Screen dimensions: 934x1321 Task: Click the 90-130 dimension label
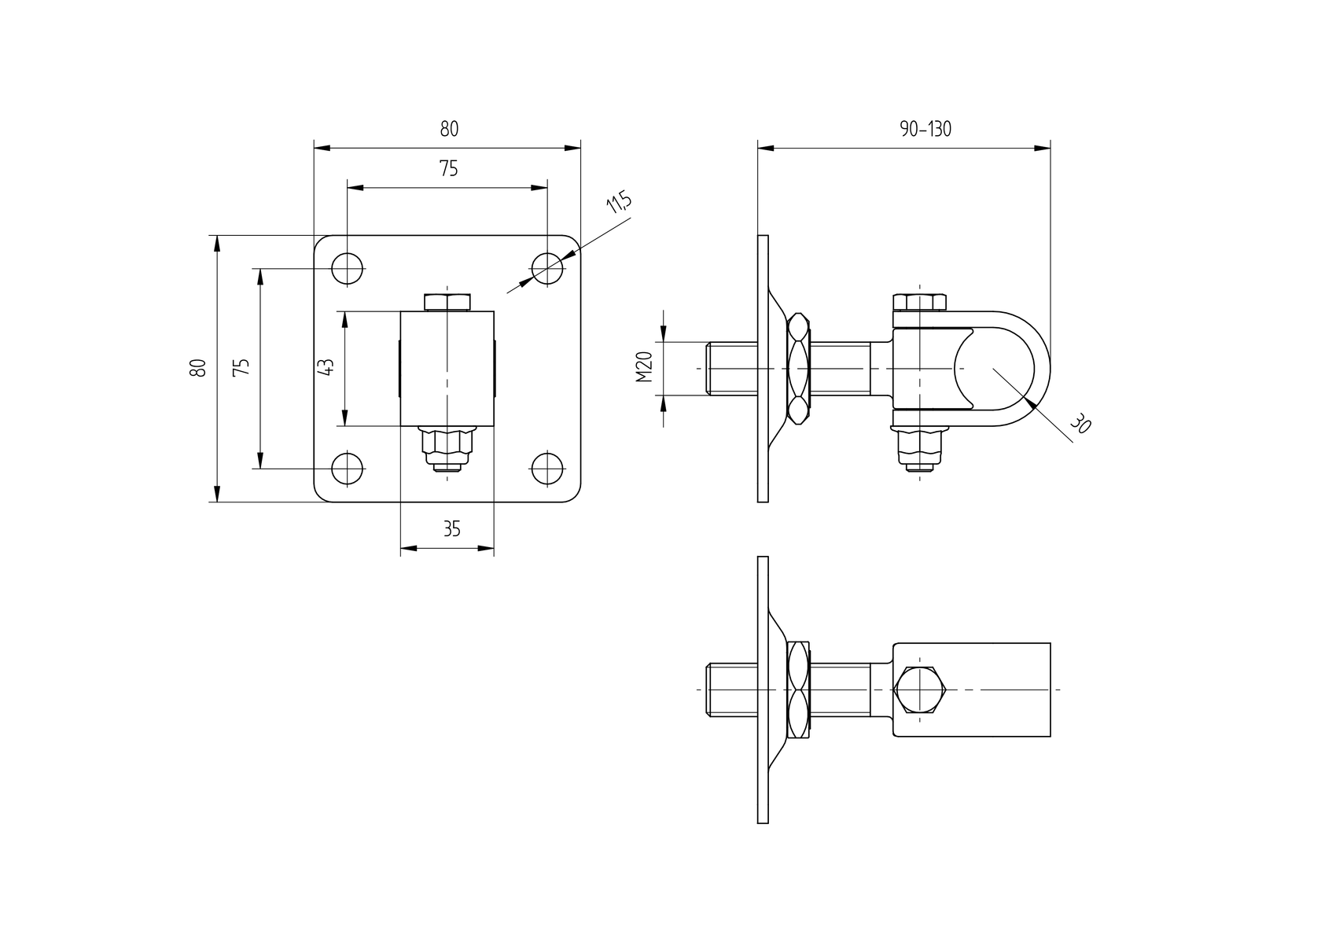925,130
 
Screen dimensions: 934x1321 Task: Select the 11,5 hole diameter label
619,203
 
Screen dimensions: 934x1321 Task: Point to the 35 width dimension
451,529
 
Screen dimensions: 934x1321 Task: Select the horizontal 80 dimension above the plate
448,129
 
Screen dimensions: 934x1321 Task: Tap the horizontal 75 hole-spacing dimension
448,168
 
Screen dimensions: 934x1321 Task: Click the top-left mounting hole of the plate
347,269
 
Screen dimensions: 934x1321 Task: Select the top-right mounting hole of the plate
547,269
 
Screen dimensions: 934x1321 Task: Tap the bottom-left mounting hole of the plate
347,469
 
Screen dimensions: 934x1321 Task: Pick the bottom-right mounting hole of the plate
547,469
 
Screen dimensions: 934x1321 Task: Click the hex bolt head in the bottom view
920,689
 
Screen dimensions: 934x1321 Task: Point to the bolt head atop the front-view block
447,302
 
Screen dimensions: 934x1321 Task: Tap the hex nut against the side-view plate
799,368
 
